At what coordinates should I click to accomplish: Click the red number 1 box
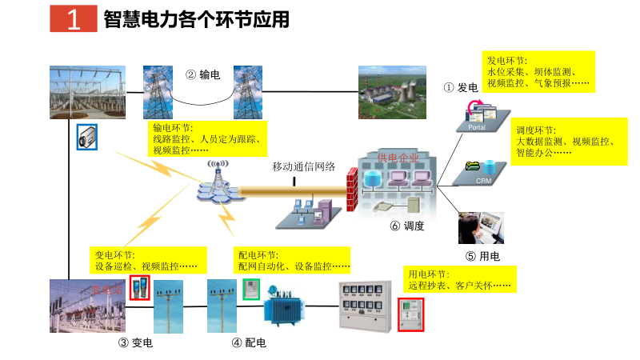coord(73,20)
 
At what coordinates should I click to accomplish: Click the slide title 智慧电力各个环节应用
coord(196,20)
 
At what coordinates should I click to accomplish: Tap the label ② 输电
coord(203,75)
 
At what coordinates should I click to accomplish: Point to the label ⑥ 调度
coord(407,226)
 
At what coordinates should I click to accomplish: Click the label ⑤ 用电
coord(482,257)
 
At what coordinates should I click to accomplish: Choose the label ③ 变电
coord(135,343)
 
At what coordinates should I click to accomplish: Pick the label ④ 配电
coord(249,343)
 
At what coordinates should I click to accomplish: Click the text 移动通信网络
coord(303,167)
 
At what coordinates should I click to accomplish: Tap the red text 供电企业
coord(398,158)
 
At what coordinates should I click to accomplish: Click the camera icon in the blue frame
coord(86,137)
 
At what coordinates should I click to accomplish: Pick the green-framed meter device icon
coord(251,289)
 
